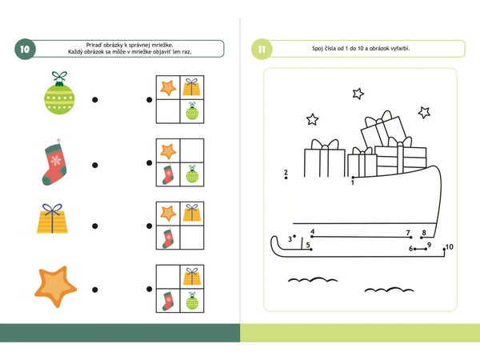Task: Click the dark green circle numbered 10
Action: (25, 50)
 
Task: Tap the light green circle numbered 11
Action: (262, 50)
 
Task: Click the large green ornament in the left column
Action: (59, 94)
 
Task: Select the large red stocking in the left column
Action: (54, 162)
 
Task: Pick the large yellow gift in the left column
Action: (52, 218)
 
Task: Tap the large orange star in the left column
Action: (55, 286)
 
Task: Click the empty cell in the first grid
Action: (168, 111)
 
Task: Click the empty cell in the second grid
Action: (192, 150)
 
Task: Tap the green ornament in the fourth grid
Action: (192, 301)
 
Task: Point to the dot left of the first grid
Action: (150, 99)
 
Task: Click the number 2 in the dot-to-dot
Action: (286, 172)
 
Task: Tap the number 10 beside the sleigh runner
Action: (450, 246)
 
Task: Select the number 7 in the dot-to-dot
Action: (408, 233)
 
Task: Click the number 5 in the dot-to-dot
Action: (308, 245)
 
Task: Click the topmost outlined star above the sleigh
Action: (358, 94)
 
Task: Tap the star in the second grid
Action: (168, 151)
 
